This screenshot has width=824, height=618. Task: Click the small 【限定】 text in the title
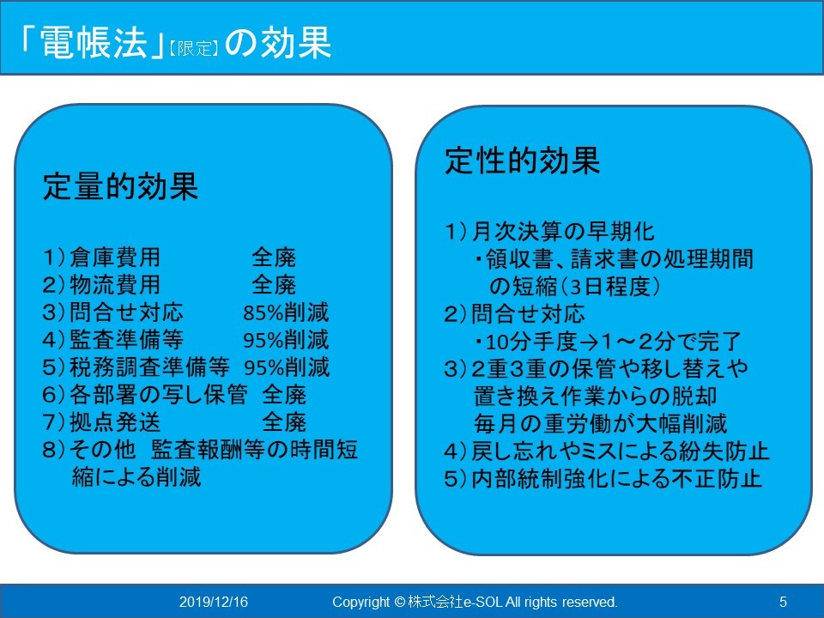click(x=193, y=48)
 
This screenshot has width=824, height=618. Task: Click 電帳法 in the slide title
click(x=93, y=42)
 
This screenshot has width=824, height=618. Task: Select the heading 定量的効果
click(x=120, y=186)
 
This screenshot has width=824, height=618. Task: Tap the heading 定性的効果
click(x=523, y=161)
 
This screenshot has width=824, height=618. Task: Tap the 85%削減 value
click(x=286, y=312)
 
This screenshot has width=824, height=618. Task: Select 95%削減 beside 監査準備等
click(x=286, y=340)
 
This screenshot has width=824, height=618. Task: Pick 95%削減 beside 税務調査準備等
click(x=287, y=367)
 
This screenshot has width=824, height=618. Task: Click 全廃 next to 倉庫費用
click(x=274, y=257)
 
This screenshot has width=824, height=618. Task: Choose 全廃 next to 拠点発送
click(x=284, y=422)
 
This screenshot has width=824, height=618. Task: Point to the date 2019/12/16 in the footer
click(x=214, y=602)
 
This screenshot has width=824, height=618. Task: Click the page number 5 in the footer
click(x=783, y=602)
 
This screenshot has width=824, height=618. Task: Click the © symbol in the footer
click(x=399, y=602)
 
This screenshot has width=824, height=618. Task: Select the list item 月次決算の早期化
click(x=563, y=232)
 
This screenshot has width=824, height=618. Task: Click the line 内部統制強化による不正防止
click(x=616, y=479)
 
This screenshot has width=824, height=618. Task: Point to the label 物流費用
click(x=115, y=285)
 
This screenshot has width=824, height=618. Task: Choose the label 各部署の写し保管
click(x=159, y=395)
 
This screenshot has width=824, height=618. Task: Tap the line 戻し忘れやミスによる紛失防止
click(x=620, y=451)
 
